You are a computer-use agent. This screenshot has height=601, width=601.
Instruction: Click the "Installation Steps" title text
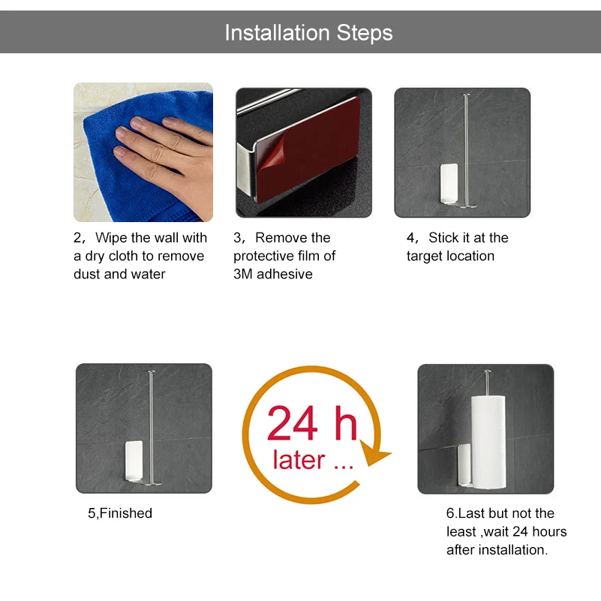308,32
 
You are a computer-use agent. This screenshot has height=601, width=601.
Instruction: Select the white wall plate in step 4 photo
449,183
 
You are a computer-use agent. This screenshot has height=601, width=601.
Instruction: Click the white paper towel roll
488,442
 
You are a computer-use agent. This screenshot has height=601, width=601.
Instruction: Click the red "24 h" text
312,423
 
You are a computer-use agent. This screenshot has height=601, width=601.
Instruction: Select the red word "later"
299,459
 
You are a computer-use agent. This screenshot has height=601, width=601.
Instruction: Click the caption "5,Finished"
120,513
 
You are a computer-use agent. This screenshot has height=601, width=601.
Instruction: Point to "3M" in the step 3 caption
243,274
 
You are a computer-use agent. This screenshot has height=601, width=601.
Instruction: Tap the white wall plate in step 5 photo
134,460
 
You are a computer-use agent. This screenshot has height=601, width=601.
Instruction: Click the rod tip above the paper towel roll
487,371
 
